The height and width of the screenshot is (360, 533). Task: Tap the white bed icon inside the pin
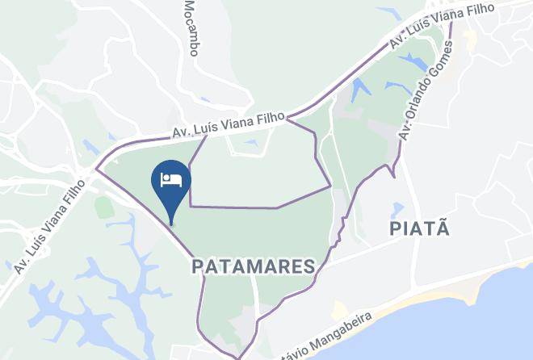tap(171, 179)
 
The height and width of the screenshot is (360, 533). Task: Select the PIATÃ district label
tap(419, 228)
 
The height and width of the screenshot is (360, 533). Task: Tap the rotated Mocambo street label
tap(191, 28)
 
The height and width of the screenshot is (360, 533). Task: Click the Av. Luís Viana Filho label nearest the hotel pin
tap(228, 126)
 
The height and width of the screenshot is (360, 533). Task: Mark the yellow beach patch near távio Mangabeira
tap(339, 311)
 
